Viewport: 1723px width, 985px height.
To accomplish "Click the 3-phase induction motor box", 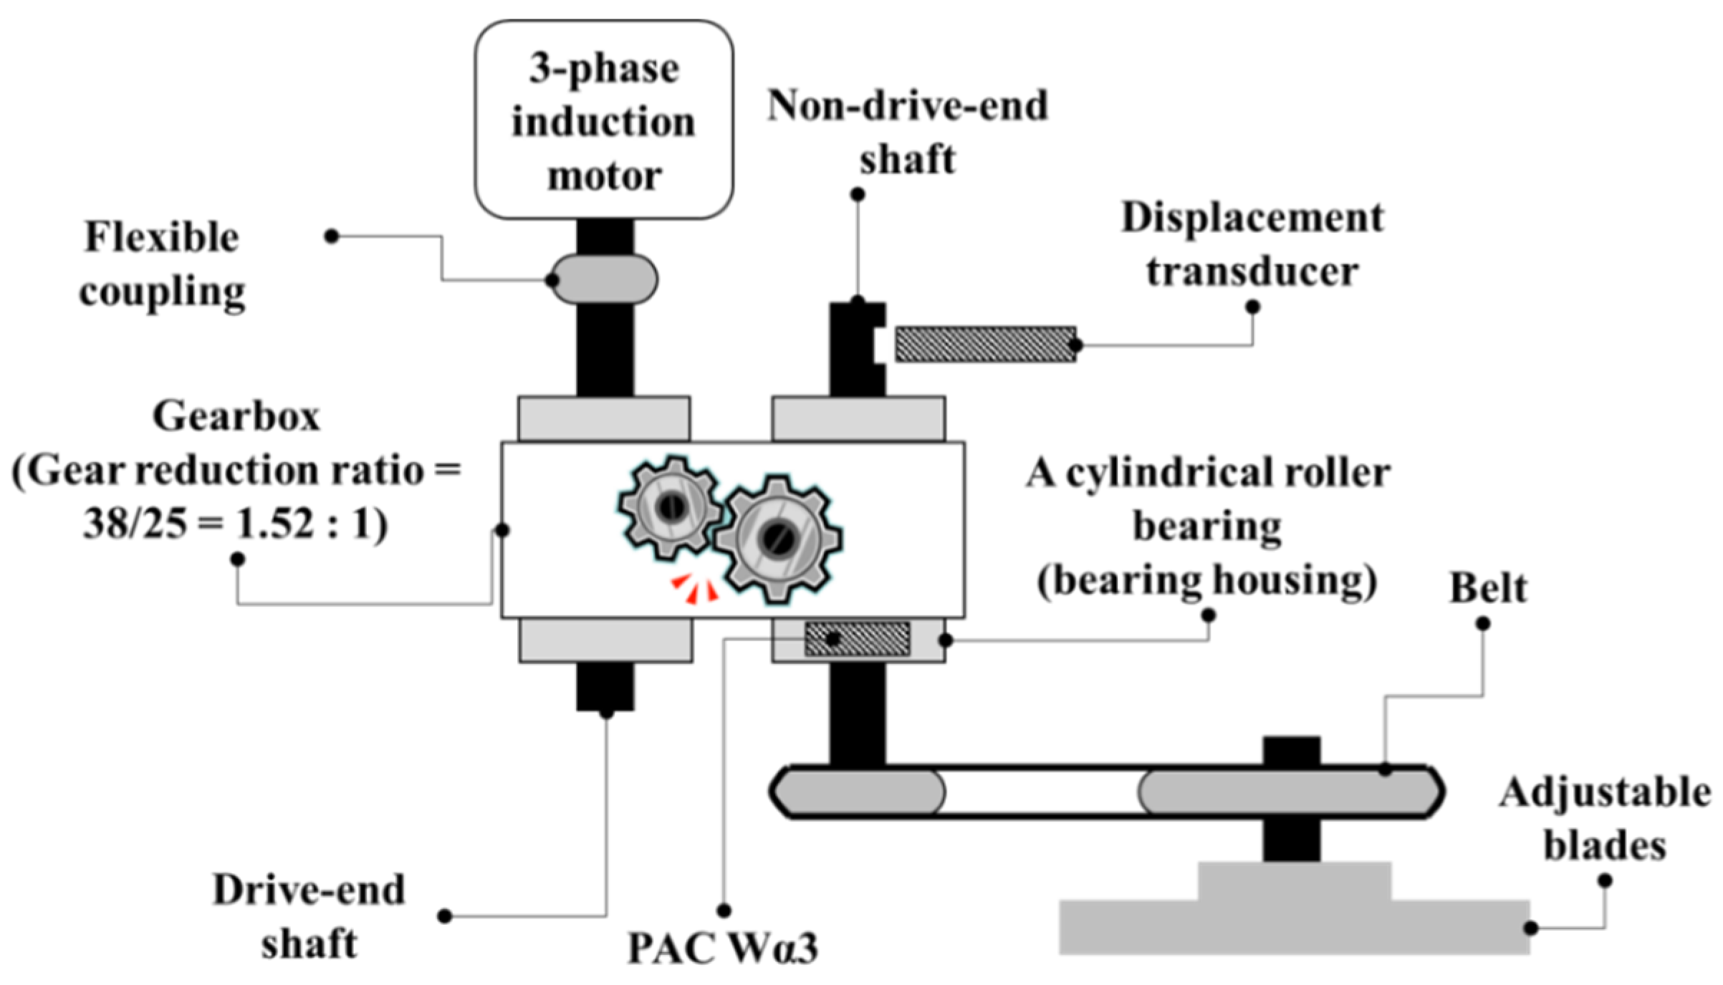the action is [x=604, y=120].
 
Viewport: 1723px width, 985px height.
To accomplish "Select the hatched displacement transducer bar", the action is [x=986, y=345].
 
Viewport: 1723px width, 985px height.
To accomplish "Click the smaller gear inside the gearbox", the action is [x=671, y=508].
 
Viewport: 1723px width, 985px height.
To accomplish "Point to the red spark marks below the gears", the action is [x=694, y=588].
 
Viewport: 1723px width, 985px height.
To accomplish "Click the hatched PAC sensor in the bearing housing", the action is [x=858, y=639].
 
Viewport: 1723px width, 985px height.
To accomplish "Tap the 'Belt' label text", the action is [x=1488, y=589].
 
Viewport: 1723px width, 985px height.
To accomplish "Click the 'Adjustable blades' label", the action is [x=1605, y=820].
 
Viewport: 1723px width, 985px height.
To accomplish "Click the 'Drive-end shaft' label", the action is [x=309, y=917].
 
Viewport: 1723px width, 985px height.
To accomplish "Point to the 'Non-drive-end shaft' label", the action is [x=907, y=133].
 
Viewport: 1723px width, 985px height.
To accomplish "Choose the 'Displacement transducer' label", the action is [x=1252, y=245].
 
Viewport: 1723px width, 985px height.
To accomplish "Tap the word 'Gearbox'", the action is [x=236, y=416].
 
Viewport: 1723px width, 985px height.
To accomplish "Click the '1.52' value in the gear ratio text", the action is [x=276, y=524].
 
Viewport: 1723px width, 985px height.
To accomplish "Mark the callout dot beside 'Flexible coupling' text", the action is [x=331, y=236].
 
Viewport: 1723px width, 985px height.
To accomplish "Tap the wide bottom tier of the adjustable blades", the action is [x=1295, y=928].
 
